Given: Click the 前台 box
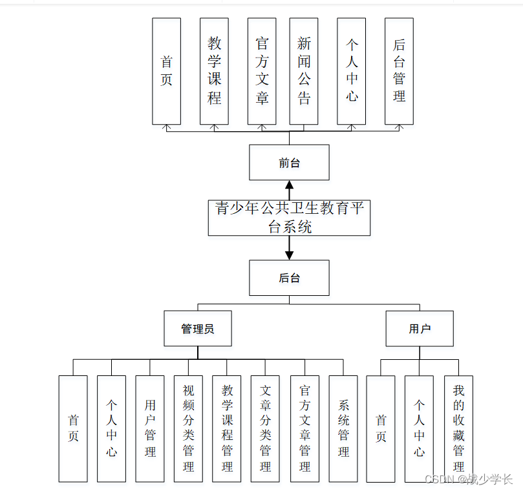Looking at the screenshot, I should click(289, 162).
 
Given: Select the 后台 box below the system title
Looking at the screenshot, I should click(289, 278).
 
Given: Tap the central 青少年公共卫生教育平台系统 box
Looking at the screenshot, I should click(289, 218).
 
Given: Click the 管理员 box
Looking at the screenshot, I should click(197, 328).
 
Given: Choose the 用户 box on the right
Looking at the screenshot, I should click(419, 328).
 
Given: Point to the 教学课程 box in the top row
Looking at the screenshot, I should click(214, 71).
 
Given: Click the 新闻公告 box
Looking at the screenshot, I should click(303, 71).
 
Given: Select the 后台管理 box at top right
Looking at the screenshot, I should click(399, 71).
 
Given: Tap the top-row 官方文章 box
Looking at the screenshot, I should click(262, 71).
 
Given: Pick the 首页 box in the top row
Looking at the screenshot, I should click(166, 71).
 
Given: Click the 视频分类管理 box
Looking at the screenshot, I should click(188, 428).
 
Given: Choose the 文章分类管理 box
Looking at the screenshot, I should click(265, 428).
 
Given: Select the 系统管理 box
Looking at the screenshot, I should click(343, 428).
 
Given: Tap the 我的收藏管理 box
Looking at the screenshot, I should click(458, 428).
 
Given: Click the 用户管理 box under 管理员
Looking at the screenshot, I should click(150, 428).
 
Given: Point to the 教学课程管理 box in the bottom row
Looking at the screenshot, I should click(227, 428).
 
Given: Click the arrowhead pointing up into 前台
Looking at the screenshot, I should click(290, 186).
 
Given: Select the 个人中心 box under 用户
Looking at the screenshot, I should click(419, 428).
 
